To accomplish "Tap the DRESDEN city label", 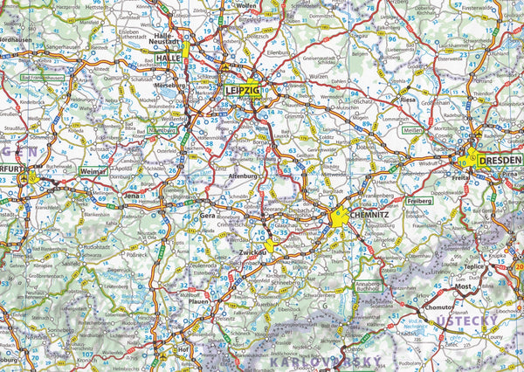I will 501,161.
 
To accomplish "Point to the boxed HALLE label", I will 168,59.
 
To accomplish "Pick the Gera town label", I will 208,214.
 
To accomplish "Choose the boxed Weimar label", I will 91,172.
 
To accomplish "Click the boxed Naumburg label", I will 162,131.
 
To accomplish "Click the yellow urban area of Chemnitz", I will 340,225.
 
